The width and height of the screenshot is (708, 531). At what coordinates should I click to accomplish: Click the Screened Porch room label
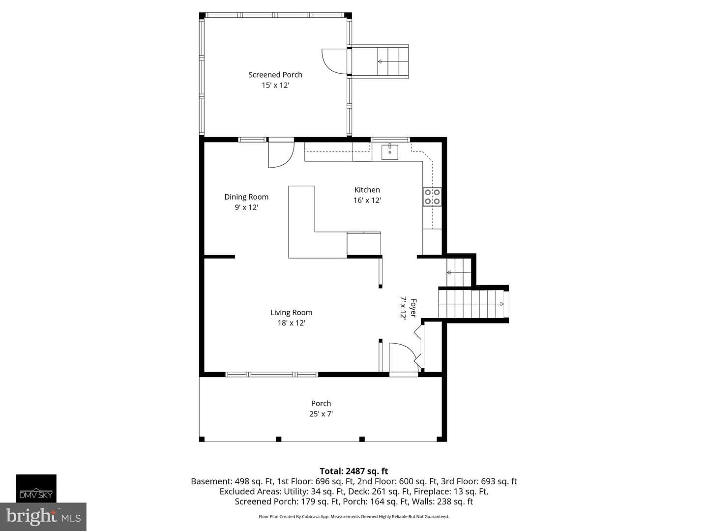tap(275, 75)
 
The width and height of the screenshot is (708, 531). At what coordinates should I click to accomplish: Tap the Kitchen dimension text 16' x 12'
tap(367, 200)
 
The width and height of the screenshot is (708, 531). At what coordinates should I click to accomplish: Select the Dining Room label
tap(246, 197)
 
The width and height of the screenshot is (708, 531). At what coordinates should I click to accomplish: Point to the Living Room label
tap(291, 312)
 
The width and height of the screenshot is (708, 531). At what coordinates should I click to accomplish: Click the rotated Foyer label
tap(413, 308)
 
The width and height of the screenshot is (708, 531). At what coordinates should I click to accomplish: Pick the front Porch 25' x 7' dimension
tap(321, 413)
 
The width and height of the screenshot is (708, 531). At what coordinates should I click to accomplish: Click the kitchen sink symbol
tap(389, 152)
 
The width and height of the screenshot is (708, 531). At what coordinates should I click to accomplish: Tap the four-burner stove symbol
tap(432, 197)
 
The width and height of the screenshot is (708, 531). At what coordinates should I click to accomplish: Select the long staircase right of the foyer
tap(471, 304)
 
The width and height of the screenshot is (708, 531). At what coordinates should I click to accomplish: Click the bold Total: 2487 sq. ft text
tap(354, 472)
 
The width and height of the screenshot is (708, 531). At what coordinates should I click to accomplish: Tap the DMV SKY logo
tap(36, 488)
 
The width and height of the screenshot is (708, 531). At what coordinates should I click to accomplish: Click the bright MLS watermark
tap(43, 516)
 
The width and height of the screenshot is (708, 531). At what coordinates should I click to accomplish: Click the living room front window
tap(271, 374)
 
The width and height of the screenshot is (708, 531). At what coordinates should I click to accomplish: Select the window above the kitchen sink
tap(390, 140)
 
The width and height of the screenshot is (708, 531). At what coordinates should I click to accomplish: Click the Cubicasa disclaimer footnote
tap(354, 516)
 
